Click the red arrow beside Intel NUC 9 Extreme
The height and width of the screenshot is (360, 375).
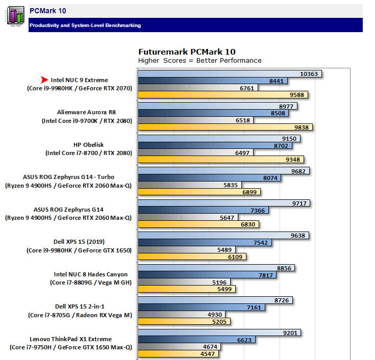[44, 80]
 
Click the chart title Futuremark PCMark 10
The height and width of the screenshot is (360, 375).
[187, 52]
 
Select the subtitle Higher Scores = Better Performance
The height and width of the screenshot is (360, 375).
[199, 61]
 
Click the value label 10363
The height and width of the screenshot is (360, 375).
[309, 74]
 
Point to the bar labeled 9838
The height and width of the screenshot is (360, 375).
[224, 127]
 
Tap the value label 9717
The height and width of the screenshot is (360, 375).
[297, 203]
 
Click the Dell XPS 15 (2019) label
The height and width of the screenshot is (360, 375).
[79, 241]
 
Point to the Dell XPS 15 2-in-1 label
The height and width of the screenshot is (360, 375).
[79, 306]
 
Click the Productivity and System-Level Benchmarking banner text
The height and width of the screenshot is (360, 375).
[85, 25]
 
